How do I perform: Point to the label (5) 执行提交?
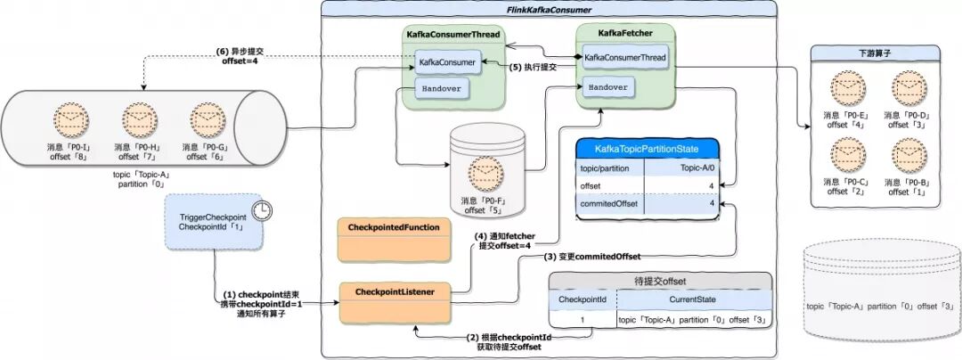pos(533,67)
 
